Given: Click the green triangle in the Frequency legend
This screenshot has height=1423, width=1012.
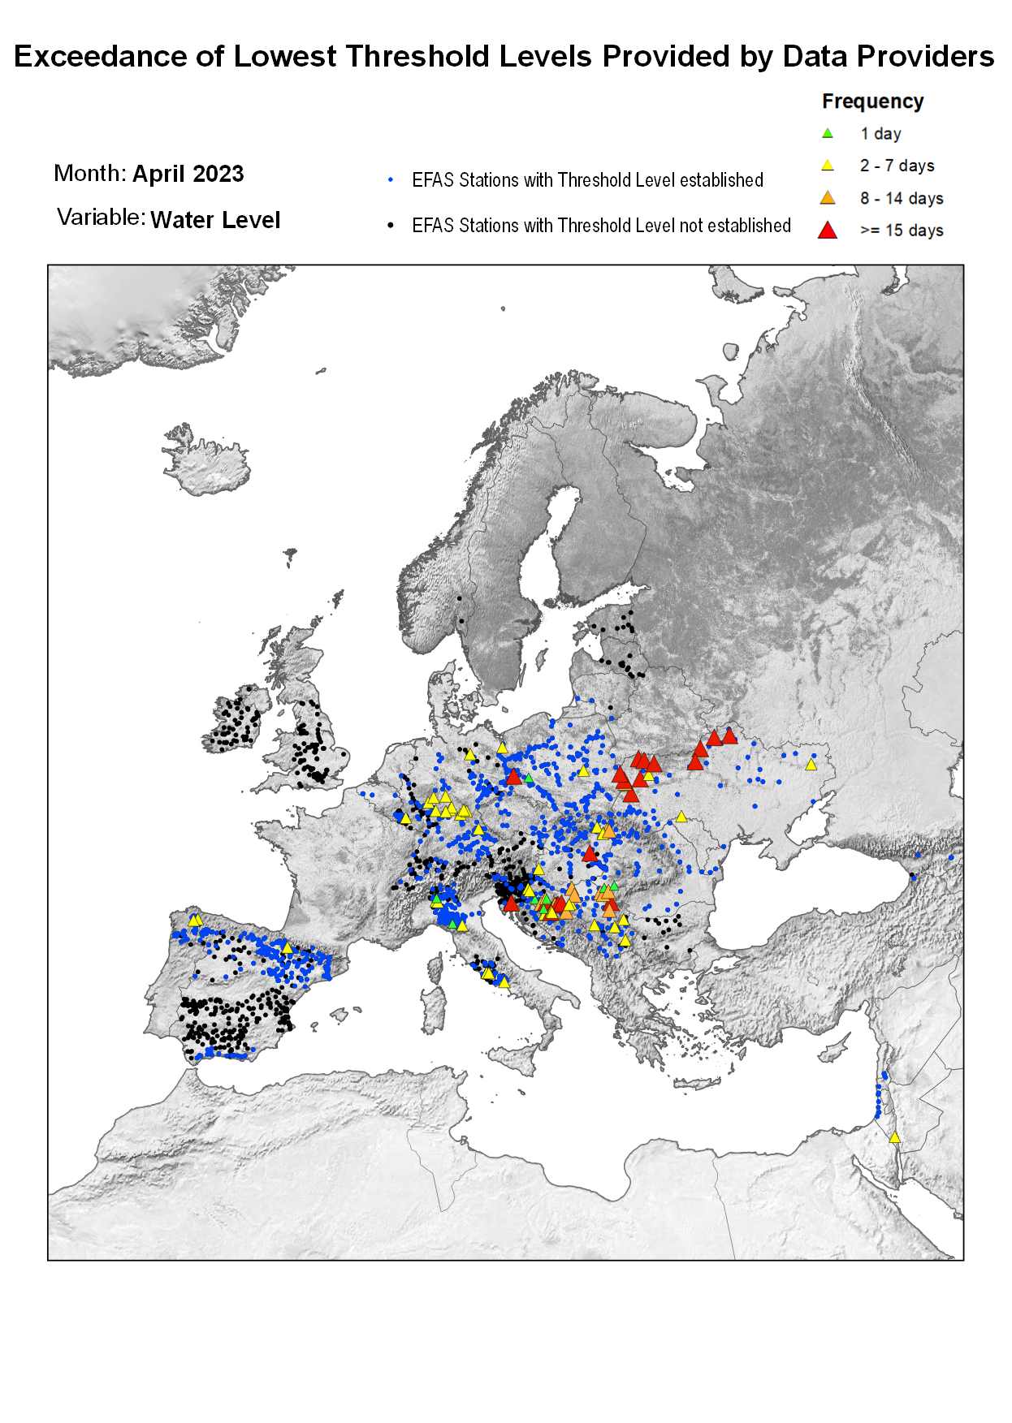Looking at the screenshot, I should click(827, 133).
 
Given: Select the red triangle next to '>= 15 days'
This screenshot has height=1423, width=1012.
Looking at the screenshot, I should click(827, 231).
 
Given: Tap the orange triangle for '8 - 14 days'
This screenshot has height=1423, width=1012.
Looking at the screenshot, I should click(827, 198).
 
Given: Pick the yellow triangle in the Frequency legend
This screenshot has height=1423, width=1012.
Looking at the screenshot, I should click(827, 166).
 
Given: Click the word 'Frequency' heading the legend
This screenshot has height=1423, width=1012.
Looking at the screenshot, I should click(872, 101).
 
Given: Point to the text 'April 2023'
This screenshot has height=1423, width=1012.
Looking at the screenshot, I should click(188, 174).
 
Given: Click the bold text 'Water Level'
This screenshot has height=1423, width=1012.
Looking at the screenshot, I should click(215, 220).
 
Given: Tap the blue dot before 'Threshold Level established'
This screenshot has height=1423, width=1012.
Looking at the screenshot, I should click(391, 179).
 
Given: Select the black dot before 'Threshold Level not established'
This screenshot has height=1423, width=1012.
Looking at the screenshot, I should click(391, 225).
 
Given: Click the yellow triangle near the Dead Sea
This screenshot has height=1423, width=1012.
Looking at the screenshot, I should click(894, 1137).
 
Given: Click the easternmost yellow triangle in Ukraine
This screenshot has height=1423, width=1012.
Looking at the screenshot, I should click(811, 765).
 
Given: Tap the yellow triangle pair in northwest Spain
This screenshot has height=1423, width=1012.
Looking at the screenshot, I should click(195, 921).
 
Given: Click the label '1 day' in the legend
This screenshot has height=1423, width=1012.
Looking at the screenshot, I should click(880, 134).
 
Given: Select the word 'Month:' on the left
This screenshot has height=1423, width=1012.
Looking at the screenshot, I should click(89, 174).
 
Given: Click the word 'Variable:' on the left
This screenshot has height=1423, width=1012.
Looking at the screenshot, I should click(101, 218).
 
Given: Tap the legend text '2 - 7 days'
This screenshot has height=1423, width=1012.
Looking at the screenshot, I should click(897, 166).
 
